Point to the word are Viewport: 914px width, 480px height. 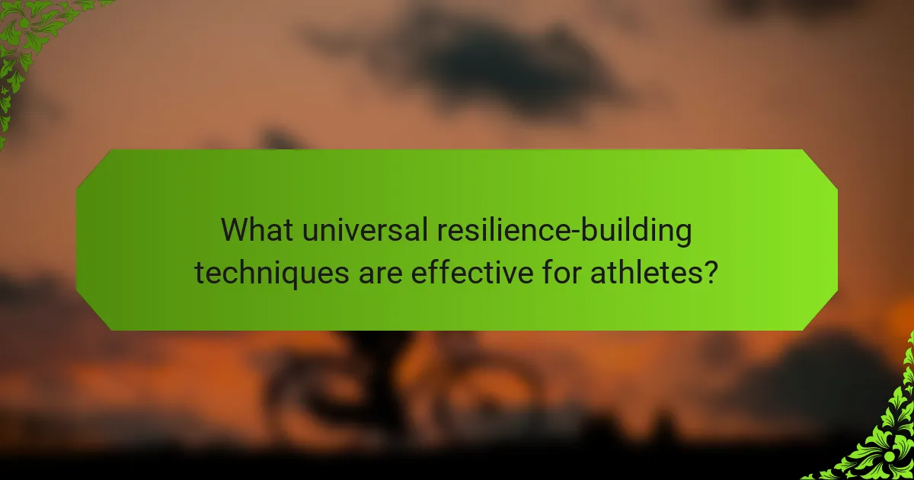point(382,272)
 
